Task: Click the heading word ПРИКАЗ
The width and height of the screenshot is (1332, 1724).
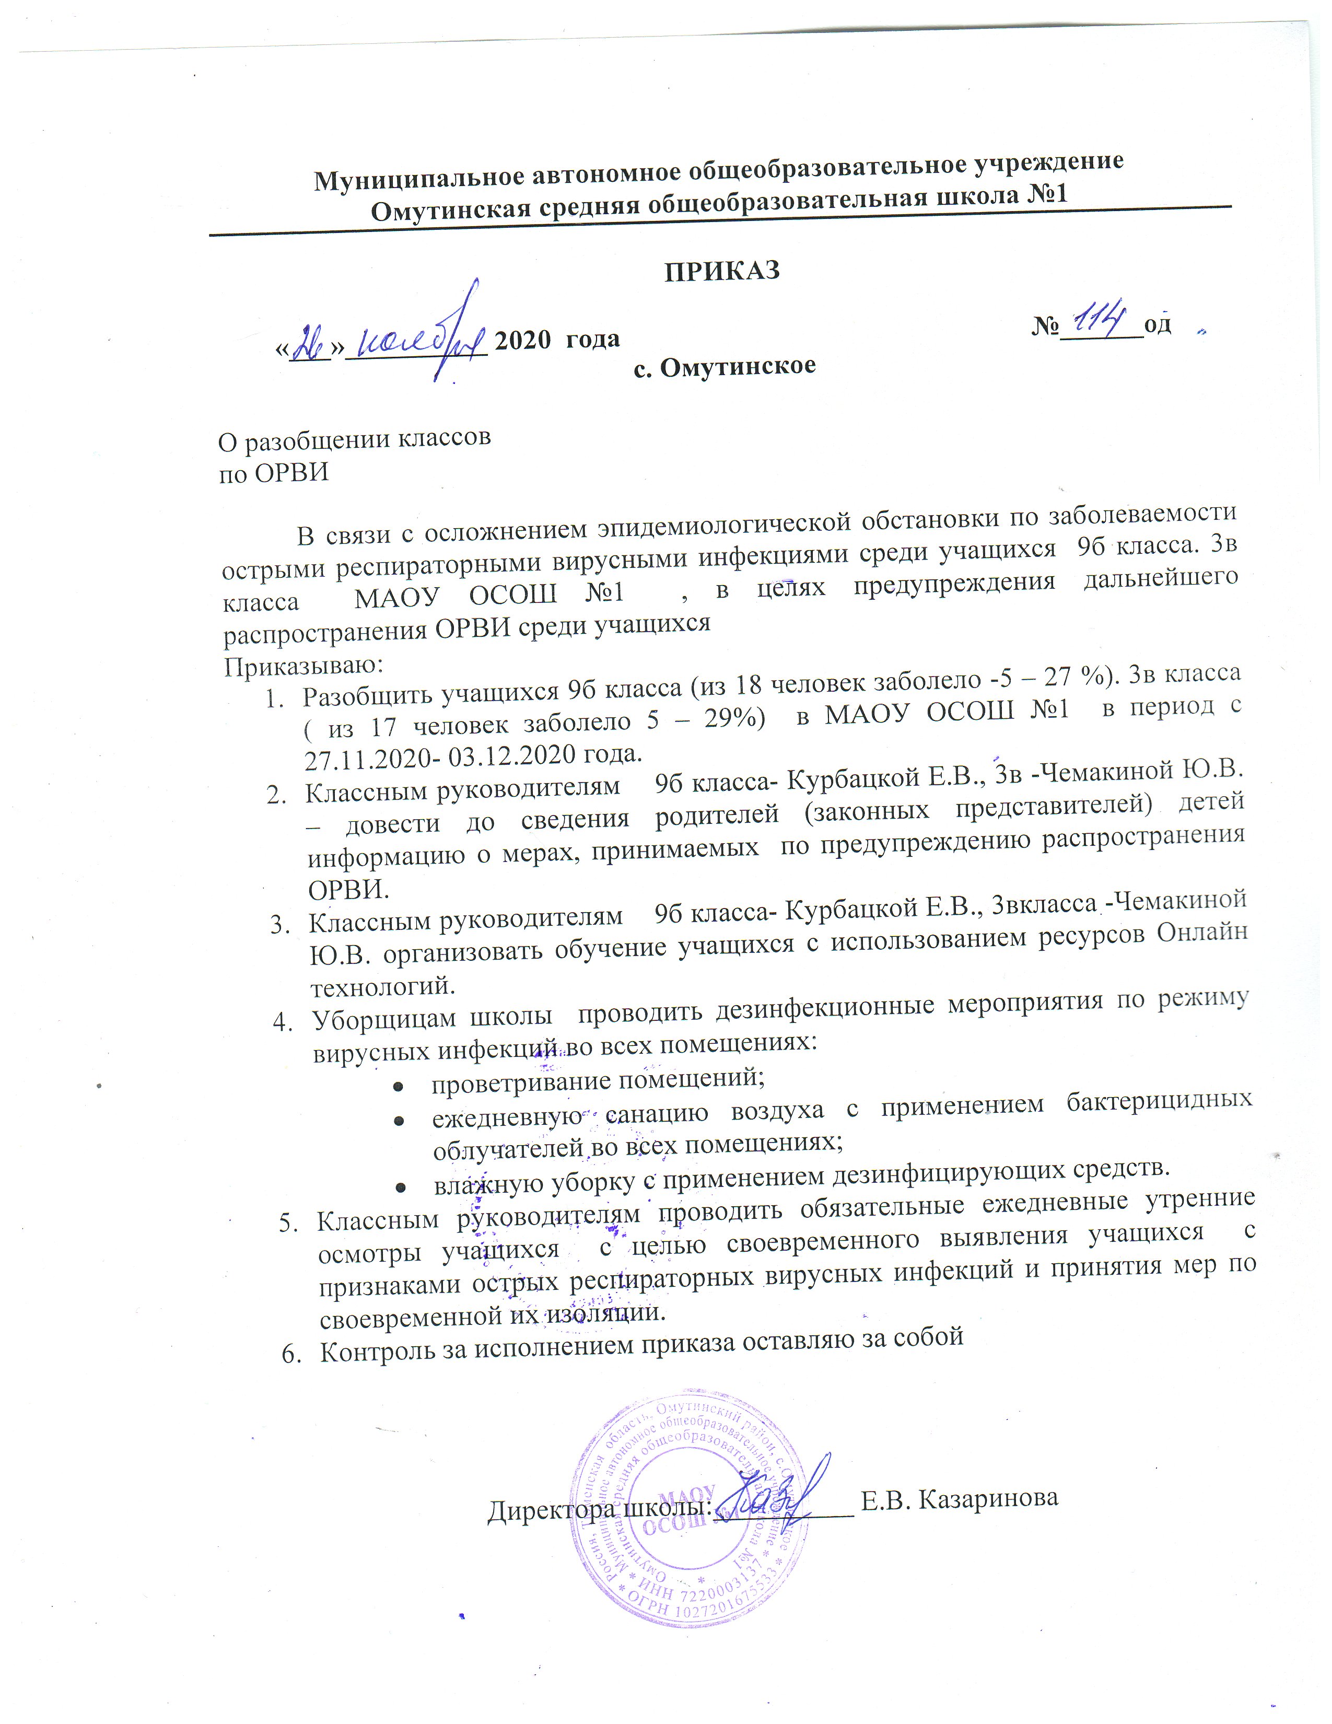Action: tap(721, 271)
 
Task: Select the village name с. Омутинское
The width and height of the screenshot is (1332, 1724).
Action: tap(725, 366)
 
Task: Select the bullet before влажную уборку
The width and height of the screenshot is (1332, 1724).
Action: tap(401, 1186)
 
